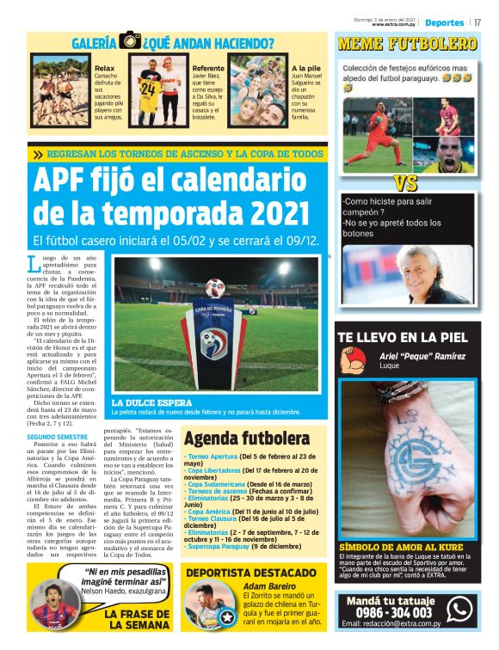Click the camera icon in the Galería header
pos(131,40)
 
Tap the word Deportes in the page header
pos(444,21)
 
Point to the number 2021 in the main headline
pos(266,211)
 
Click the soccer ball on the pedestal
pos(214,287)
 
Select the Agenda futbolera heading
pos(245,438)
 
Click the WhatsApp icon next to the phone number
pos(459,609)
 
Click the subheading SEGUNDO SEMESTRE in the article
pos(57,437)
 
